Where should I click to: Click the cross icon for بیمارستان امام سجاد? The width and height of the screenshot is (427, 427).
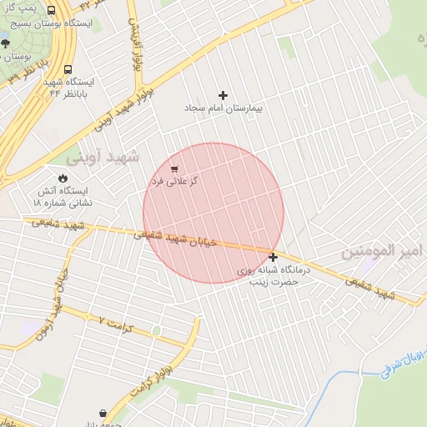pos(223,96)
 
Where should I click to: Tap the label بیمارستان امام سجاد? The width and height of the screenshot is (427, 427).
pos(224,109)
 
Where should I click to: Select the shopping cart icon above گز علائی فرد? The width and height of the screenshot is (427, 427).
pos(174,169)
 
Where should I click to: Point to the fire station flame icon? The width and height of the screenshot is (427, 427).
pos(63,177)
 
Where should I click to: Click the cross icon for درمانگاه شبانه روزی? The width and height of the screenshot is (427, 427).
pos(274,257)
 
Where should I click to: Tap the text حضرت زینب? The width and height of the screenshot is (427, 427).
pos(274,282)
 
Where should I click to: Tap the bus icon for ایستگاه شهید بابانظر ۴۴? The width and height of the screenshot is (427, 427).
pos(68,70)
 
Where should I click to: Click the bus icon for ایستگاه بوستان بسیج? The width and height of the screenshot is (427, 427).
pos(52,11)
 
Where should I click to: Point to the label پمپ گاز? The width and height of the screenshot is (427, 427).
pos(21,8)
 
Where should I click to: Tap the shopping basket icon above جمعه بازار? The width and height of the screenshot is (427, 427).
pos(103,413)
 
